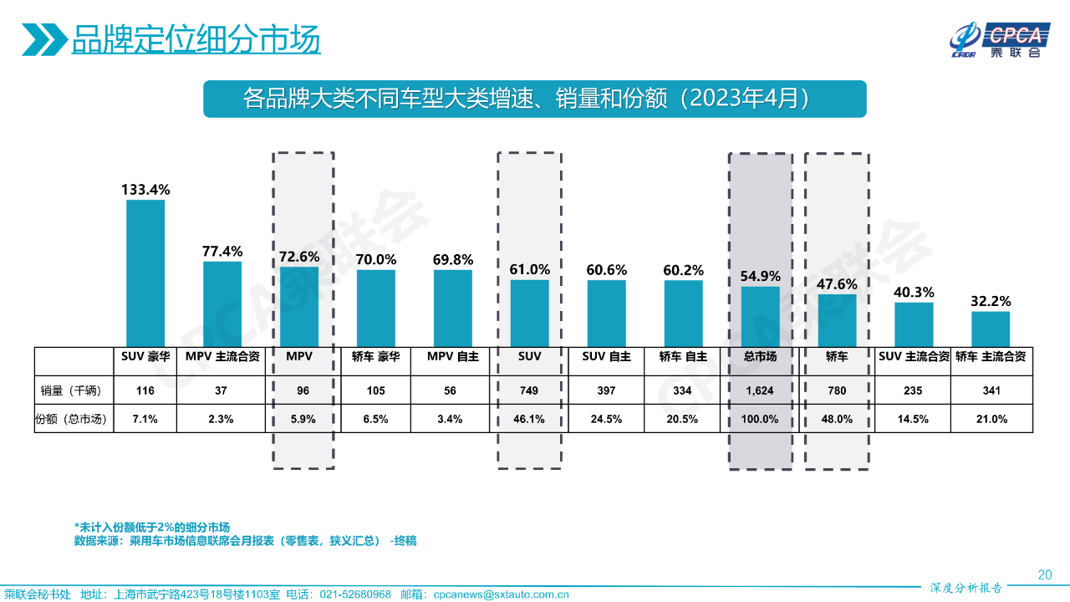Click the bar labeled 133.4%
coord(145,273)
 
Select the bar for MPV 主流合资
coord(222,304)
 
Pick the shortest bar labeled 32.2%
coord(991,329)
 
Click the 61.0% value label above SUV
coord(530,269)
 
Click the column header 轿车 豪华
coord(376,356)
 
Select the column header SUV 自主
coord(606,356)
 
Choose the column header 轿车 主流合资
coord(991,356)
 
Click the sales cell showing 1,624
coord(760,390)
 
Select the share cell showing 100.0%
coord(760,419)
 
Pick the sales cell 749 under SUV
coord(530,390)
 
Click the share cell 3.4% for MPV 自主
coord(453,419)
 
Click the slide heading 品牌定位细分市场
coord(196,39)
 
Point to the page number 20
coord(1044,574)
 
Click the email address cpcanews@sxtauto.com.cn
coord(501,594)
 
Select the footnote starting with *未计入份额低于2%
coord(151,527)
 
